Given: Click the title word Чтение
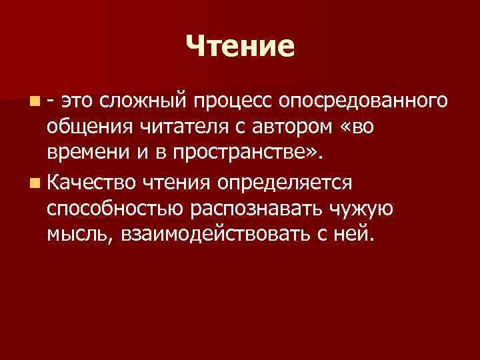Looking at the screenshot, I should (239, 46).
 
